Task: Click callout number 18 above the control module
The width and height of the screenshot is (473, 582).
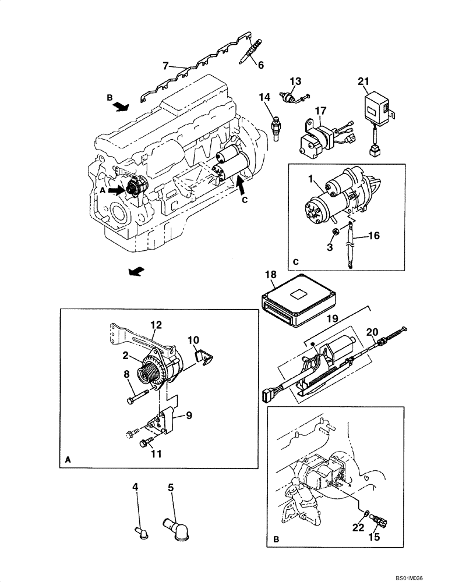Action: point(270,274)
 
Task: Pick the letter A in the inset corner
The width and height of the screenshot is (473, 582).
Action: point(69,459)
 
